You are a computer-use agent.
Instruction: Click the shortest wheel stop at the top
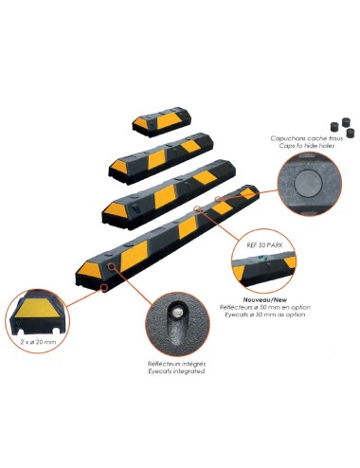click(164, 121)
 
